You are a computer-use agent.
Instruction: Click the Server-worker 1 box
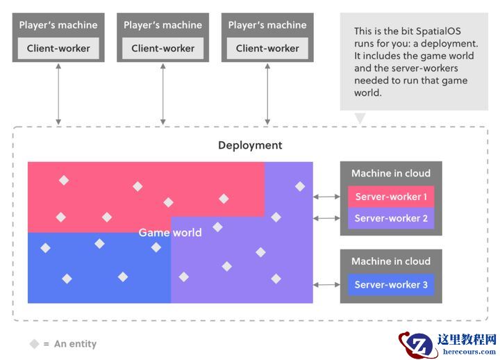click(391, 197)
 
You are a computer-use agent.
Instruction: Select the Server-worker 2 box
click(391, 218)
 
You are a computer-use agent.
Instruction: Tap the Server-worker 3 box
click(391, 284)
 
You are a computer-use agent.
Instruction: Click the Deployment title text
click(250, 145)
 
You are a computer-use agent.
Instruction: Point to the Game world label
click(170, 232)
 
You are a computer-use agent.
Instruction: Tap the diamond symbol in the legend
click(34, 344)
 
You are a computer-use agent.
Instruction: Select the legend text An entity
click(75, 344)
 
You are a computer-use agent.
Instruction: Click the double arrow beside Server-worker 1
click(326, 197)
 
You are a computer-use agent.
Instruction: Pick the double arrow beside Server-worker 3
click(326, 284)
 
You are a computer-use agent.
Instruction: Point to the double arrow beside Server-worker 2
click(326, 218)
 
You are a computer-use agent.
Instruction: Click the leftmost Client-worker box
click(58, 49)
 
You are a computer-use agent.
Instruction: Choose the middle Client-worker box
click(163, 49)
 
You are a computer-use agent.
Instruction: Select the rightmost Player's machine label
click(267, 25)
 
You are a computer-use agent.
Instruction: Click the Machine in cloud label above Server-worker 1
click(391, 173)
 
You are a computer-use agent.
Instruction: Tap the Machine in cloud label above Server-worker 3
click(391, 261)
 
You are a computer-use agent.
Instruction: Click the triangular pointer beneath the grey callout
click(360, 117)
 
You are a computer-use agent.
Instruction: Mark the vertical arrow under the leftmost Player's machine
click(58, 95)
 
